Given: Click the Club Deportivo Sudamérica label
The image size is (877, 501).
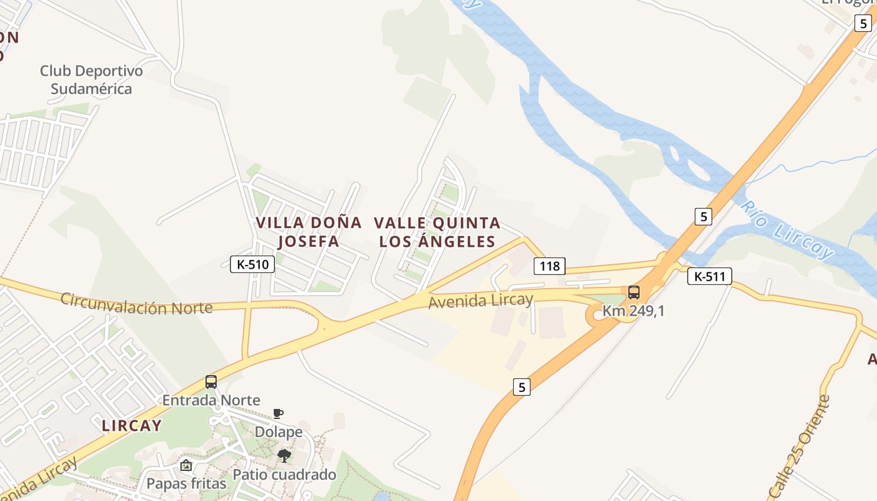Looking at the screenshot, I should coord(91,80).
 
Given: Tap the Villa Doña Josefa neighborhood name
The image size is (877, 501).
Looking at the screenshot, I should coord(309,232).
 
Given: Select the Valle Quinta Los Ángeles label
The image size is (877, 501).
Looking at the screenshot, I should coord(437,232).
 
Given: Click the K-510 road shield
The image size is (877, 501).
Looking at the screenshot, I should coord(252,264).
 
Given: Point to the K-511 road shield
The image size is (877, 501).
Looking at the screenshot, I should coord(709,276).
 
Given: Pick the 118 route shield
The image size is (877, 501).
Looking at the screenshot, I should coord(549,266).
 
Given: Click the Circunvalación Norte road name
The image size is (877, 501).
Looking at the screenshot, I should coord(137,304).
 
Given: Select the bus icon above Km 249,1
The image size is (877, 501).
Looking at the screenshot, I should coord(634,292).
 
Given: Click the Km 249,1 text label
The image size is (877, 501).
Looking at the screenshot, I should coord(633,310).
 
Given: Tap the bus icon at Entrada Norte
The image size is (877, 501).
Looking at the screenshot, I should coord(211,381).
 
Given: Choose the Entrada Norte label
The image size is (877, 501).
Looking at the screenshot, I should coord(211,400).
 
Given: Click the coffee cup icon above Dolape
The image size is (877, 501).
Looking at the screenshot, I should coord(278,413).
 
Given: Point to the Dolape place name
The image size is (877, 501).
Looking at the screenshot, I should coord(278,431).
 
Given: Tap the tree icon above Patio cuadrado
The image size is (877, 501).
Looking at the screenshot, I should coord(284,455).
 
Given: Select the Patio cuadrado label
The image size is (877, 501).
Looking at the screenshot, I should coord(284,474).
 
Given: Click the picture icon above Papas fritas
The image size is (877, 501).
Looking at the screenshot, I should coord(185,465).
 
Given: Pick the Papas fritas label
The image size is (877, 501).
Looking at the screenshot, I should coord(185,483).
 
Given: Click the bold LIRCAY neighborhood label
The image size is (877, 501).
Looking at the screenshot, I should coord(132,426).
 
